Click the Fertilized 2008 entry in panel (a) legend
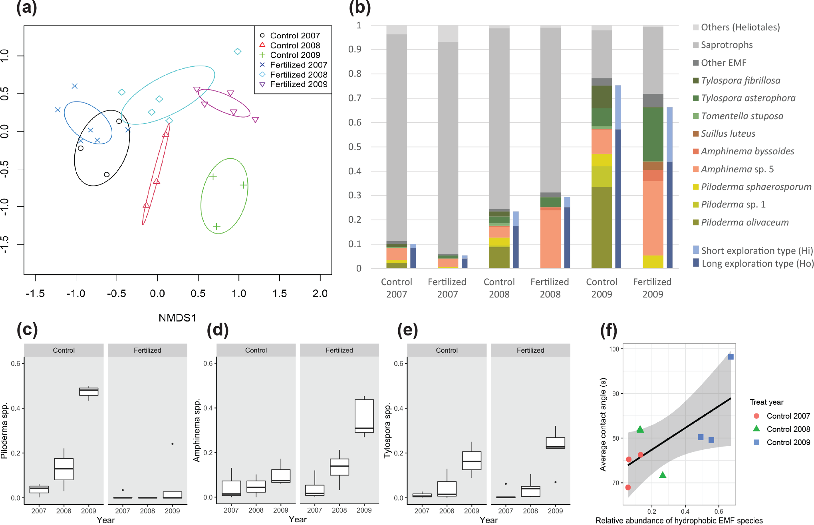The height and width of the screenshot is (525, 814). point(298,75)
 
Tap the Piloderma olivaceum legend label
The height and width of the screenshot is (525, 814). point(745,222)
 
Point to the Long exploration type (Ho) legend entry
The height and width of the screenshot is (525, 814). point(757,263)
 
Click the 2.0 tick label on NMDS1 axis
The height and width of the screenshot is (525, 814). point(320,294)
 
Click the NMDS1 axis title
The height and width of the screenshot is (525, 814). point(177,318)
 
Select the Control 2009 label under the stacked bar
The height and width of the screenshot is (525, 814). point(602,288)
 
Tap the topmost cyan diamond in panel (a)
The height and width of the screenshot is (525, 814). point(238,52)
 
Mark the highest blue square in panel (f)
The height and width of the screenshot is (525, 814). point(731,357)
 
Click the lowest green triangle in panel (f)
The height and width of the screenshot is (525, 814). point(663,475)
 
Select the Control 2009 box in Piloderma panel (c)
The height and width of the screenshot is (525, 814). point(89,391)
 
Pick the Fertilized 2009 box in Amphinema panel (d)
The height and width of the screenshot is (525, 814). point(364,416)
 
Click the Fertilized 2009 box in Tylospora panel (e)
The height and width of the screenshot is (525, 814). point(555,443)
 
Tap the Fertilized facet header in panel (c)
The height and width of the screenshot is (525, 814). point(147,350)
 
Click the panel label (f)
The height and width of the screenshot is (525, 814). point(608,330)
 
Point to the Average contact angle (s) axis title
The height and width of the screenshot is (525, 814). point(603,424)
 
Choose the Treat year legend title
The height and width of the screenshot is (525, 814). point(766,402)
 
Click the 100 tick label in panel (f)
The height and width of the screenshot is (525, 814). point(614,349)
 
